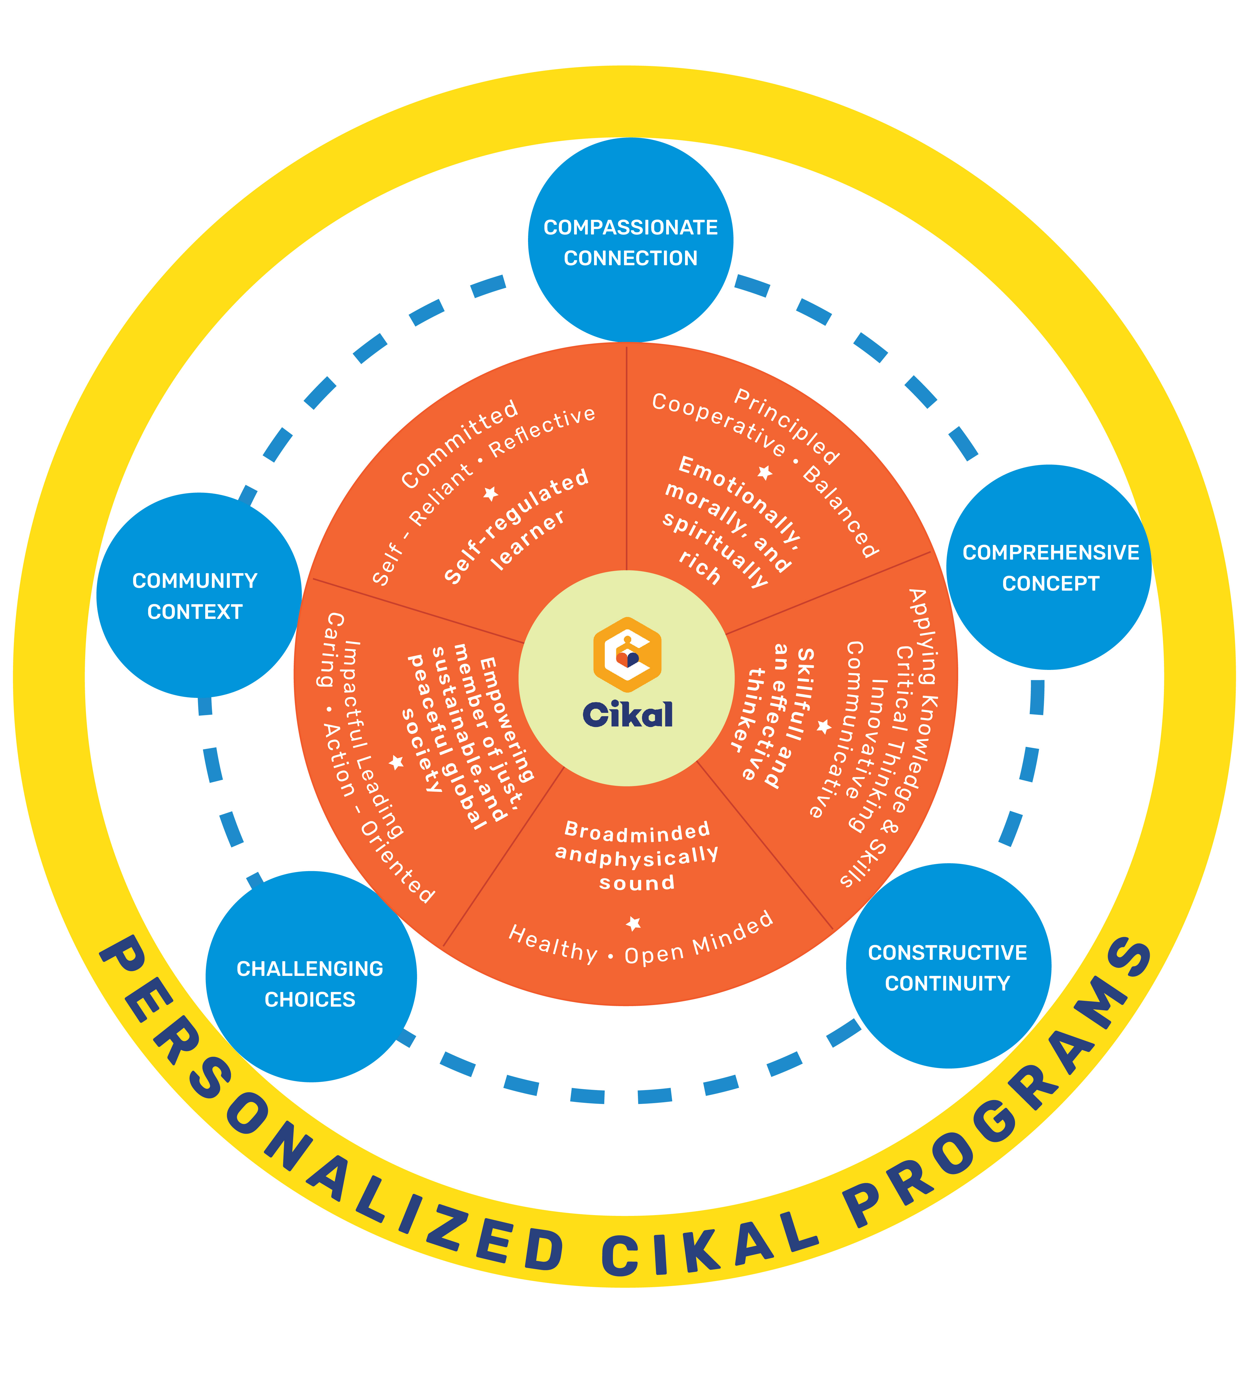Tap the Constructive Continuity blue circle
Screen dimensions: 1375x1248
[x=948, y=966]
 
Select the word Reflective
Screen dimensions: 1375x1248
[x=542, y=431]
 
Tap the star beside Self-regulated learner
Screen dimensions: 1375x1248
[x=491, y=493]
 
